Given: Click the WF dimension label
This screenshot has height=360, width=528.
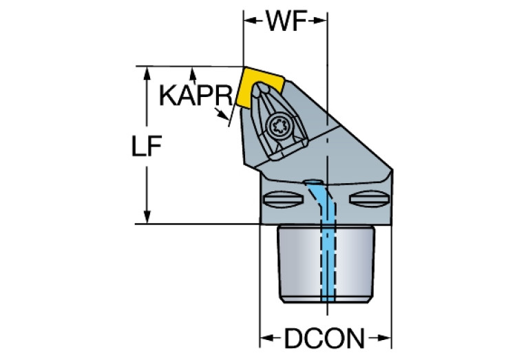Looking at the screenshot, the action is pos(286,21).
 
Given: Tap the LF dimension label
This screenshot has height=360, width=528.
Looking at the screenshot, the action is pos(147,146).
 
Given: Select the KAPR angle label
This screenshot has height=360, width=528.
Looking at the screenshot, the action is pos(196,95).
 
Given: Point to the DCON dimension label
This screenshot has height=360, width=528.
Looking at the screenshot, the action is pos(324,338).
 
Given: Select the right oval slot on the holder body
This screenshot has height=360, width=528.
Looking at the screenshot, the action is pos(369,199).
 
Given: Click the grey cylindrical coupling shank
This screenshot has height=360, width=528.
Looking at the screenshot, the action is pos(326,264).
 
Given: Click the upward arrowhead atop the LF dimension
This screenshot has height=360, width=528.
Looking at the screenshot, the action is pos(147,74).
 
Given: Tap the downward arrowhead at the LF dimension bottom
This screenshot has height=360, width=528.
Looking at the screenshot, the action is pos(147,217).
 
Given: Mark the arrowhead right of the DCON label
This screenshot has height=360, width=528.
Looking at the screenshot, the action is pos(381,338).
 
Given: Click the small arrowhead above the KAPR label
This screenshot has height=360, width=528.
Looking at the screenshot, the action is pos(193,74).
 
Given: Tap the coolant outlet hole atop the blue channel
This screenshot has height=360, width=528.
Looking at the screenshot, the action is pos(313,182).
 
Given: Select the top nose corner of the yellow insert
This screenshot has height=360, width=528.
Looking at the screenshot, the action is pos(244,67).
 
